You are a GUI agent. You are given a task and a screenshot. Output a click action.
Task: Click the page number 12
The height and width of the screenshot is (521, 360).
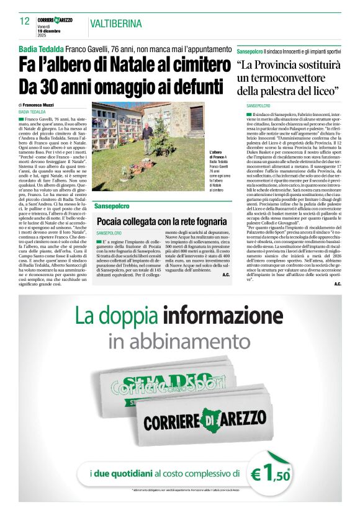tap(25, 21)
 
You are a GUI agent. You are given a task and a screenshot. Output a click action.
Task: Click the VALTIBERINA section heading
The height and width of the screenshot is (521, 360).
tap(115, 24)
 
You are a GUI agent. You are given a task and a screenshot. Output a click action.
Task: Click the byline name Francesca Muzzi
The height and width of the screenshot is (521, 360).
tap(40, 105)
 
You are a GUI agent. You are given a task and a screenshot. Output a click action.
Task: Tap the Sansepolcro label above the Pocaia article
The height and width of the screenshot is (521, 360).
tap(112, 205)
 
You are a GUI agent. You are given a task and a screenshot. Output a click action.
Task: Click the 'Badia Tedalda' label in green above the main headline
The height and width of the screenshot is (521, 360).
tap(41, 48)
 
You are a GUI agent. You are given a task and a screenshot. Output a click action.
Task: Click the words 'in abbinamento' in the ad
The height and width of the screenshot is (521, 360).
tap(180, 341)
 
